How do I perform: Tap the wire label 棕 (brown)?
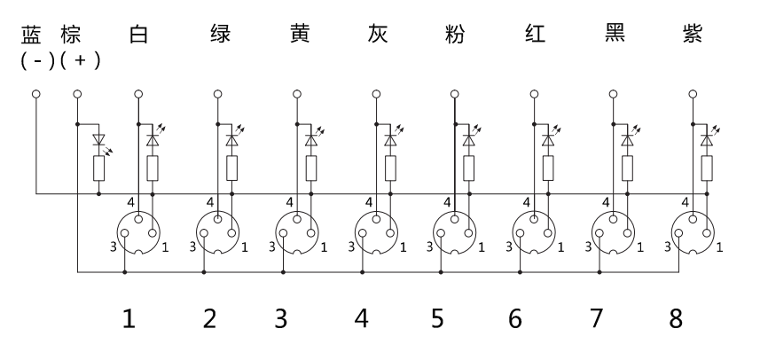coord(72,36)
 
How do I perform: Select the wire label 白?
coord(137,36)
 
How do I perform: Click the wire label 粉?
coord(453,36)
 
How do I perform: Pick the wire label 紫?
coord(693,36)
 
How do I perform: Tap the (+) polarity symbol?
coord(82,61)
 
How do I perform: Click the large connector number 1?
coord(129,317)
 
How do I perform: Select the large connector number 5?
coord(438,317)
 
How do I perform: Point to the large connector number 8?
coord(675,317)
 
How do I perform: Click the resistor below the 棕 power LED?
coord(98,168)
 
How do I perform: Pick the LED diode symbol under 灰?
coord(390,139)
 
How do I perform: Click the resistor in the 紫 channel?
coord(707,168)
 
